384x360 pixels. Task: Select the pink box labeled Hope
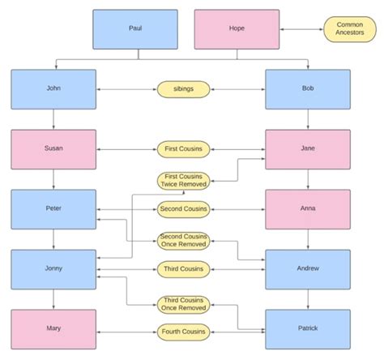pos(237,29)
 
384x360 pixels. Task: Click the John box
pos(53,89)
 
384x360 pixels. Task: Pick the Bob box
pos(308,89)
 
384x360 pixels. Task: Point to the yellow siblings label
pos(184,89)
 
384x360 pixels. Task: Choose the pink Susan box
pos(53,149)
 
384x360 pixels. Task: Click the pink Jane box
pos(308,149)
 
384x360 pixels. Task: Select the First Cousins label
pos(184,149)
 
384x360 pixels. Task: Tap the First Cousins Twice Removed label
pos(184,181)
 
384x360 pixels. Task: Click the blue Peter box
pos(53,209)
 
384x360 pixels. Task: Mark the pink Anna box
pos(308,209)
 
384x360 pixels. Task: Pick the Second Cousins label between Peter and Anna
pos(184,209)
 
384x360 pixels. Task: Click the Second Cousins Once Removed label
pos(184,241)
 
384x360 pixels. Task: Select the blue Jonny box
pos(53,269)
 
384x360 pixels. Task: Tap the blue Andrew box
pos(308,269)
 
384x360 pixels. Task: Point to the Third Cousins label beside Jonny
pos(184,269)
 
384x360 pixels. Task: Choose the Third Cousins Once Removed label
pos(184,304)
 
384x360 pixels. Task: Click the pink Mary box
pos(53,330)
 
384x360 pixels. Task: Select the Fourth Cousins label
pos(184,331)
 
